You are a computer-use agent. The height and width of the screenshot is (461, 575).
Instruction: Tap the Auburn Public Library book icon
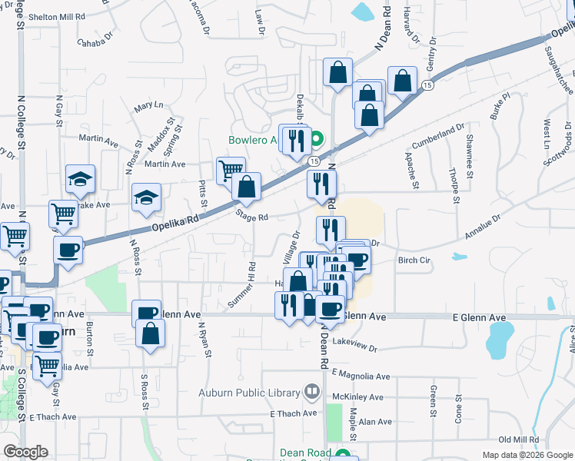click(x=311, y=393)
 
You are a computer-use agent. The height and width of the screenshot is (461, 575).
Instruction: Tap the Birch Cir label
click(x=414, y=260)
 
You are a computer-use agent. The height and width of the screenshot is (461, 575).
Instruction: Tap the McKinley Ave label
click(x=357, y=397)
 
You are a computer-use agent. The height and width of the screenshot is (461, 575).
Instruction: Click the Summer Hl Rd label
click(x=243, y=285)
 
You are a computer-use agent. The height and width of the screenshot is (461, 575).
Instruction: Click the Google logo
click(x=25, y=451)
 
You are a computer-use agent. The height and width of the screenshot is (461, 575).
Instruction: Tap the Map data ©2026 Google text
click(x=527, y=455)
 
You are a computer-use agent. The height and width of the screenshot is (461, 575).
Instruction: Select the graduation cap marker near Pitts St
click(x=146, y=198)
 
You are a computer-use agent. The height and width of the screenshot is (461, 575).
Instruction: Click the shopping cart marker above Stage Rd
click(x=231, y=171)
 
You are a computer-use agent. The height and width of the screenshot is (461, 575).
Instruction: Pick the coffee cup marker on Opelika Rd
click(x=68, y=250)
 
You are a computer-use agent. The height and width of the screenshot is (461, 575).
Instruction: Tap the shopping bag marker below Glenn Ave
click(x=151, y=333)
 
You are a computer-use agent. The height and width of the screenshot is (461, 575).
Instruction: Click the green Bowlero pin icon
click(x=315, y=140)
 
